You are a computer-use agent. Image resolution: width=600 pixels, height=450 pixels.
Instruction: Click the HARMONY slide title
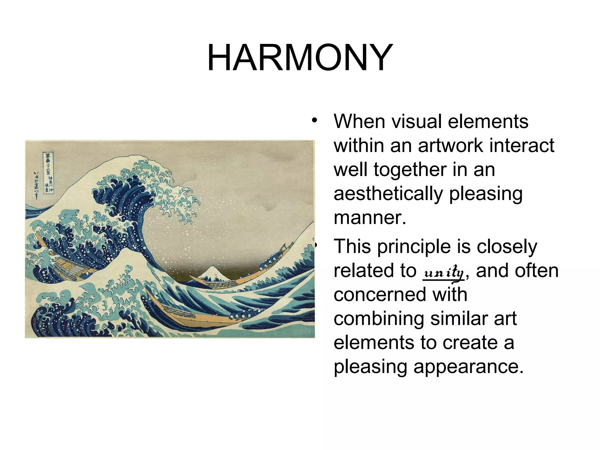click(x=300, y=58)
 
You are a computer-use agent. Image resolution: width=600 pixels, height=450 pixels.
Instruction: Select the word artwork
click(x=451, y=145)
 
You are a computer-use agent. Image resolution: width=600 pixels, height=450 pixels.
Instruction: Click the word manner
click(x=370, y=218)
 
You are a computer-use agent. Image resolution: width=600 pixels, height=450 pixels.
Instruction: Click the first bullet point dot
click(x=314, y=120)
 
